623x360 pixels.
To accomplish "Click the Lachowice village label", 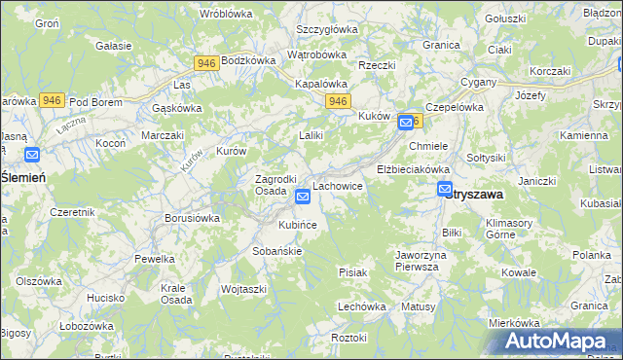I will pyautogui.click(x=338, y=185).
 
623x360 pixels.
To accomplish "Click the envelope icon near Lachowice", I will pyautogui.click(x=303, y=197).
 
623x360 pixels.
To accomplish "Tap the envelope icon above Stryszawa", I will pyautogui.click(x=445, y=190).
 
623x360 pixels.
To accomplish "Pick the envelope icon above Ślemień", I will pyautogui.click(x=31, y=154).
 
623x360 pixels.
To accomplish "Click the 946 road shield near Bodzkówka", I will pyautogui.click(x=205, y=63).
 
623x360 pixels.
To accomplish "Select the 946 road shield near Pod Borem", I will pyautogui.click(x=52, y=100).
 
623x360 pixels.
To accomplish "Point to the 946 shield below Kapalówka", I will pyautogui.click(x=338, y=101).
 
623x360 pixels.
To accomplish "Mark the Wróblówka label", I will pyautogui.click(x=226, y=14).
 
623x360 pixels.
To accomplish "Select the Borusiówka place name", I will pyautogui.click(x=192, y=218).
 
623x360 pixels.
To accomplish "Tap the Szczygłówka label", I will pyautogui.click(x=327, y=29).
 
